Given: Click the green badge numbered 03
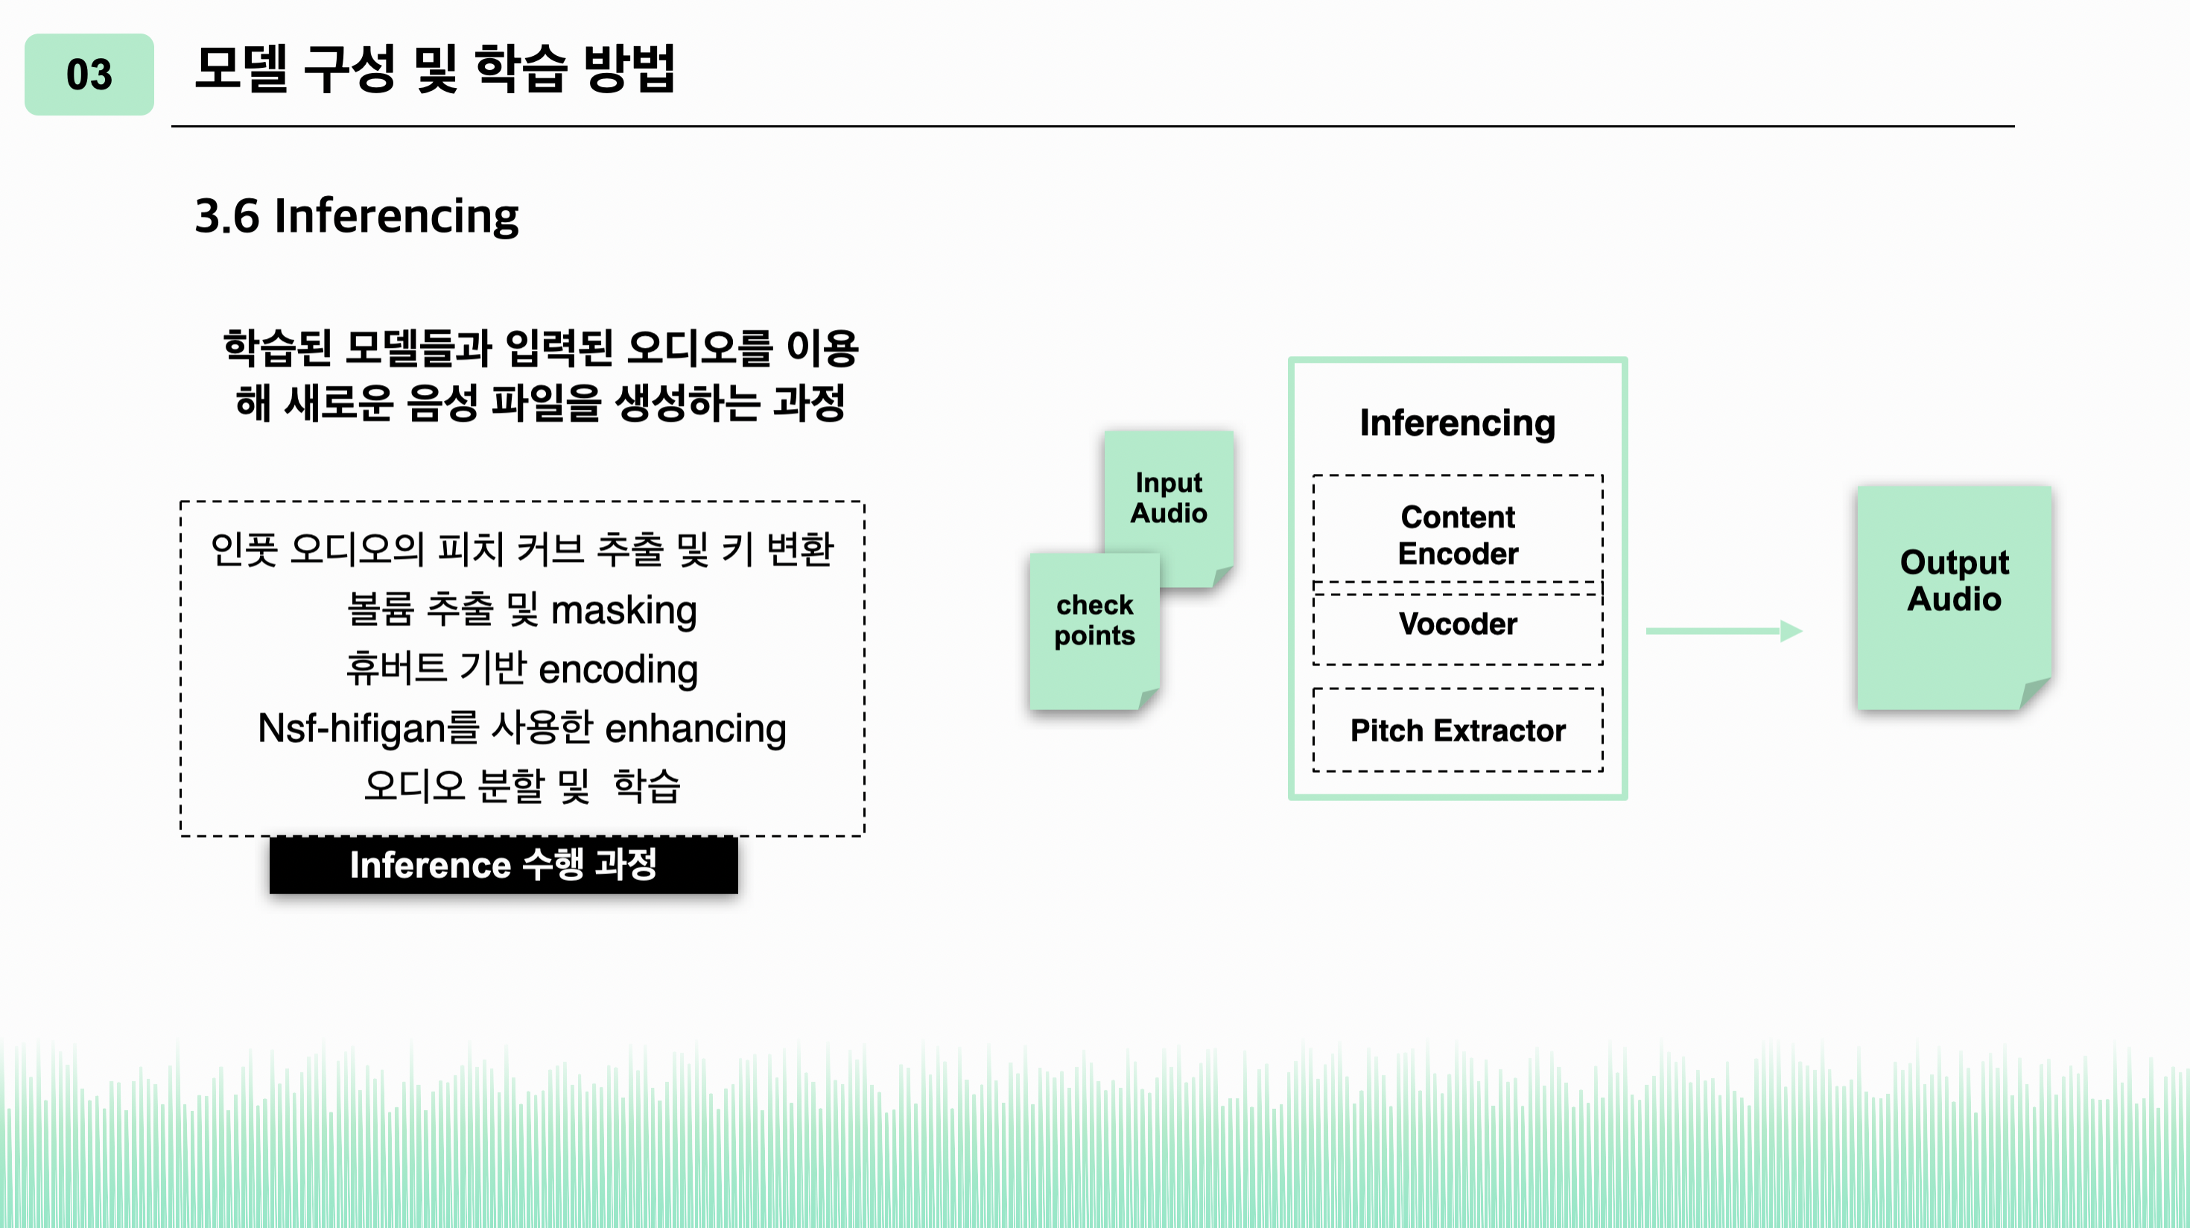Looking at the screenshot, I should pyautogui.click(x=89, y=75).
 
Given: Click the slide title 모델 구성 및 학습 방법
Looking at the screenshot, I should pyautogui.click(x=434, y=68).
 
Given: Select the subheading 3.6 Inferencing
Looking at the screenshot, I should pyautogui.click(x=356, y=216).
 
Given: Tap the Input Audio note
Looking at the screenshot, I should pyautogui.click(x=1169, y=498).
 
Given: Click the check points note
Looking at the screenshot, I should pyautogui.click(x=1094, y=621).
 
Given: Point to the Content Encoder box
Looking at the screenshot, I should pyautogui.click(x=1457, y=535).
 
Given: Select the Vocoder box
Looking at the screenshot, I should pyautogui.click(x=1457, y=624).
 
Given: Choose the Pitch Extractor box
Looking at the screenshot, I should pyautogui.click(x=1457, y=730).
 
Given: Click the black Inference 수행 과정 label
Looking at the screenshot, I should pyautogui.click(x=504, y=865).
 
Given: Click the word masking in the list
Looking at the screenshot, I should pyautogui.click(x=624, y=610).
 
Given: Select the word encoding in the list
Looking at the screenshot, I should pyautogui.click(x=618, y=670).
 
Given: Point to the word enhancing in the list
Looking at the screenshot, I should pyautogui.click(x=696, y=729).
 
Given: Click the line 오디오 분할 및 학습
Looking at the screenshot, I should pyautogui.click(x=522, y=786).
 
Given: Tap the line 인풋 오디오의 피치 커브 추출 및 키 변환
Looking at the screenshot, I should pyautogui.click(x=522, y=549).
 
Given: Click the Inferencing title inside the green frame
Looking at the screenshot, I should pyautogui.click(x=1457, y=422).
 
